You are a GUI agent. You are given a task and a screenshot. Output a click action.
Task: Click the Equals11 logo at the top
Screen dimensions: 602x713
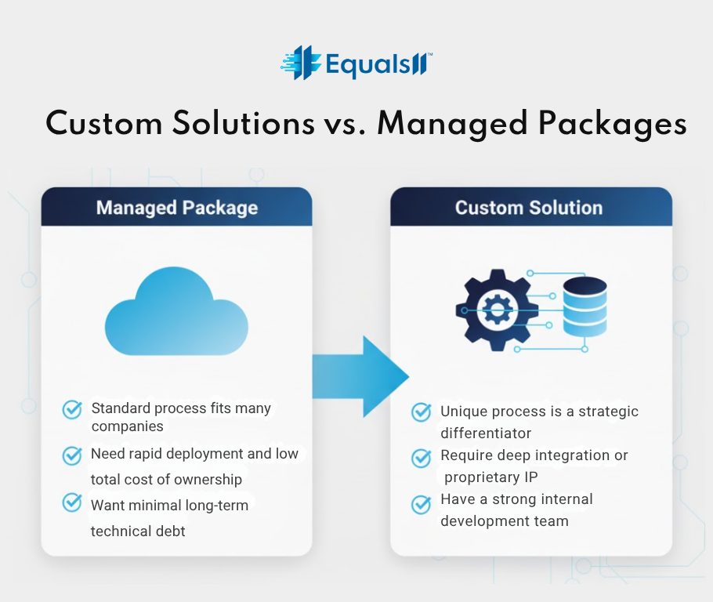[356, 62]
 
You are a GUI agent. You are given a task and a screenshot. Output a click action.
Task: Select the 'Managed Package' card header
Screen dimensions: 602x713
[176, 208]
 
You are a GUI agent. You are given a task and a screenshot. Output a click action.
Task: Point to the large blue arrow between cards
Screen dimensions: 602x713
[360, 375]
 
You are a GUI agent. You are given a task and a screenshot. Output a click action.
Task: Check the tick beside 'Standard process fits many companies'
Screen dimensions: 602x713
[72, 410]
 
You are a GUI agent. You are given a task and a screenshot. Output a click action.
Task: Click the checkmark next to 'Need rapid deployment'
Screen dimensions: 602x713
[72, 455]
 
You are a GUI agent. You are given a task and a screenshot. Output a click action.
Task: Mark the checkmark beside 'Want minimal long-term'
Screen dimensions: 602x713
[72, 502]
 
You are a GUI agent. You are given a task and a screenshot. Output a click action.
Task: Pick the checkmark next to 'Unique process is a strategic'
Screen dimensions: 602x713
[422, 412]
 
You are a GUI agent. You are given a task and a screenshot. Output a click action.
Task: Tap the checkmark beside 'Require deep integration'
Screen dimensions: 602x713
[422, 457]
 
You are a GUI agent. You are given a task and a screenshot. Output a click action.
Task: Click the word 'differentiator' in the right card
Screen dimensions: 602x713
[486, 433]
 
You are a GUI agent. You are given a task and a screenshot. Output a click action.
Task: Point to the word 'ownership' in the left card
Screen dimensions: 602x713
[206, 480]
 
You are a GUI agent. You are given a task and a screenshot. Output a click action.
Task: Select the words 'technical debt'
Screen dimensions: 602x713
[138, 531]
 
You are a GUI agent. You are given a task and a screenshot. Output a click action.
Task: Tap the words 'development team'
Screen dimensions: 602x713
[505, 521]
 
